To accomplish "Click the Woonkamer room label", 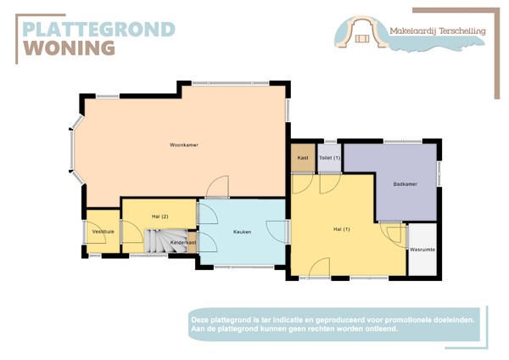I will [183, 145].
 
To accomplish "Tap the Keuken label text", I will [242, 231].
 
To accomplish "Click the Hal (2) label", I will [159, 217].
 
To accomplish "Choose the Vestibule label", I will [103, 231].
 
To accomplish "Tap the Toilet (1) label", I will [329, 158].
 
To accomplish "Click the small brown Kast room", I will [302, 158].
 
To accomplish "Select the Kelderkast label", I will [183, 244].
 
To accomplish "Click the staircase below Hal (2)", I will [158, 243].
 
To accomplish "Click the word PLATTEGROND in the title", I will [98, 30].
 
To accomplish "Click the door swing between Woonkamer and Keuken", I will [215, 188].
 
